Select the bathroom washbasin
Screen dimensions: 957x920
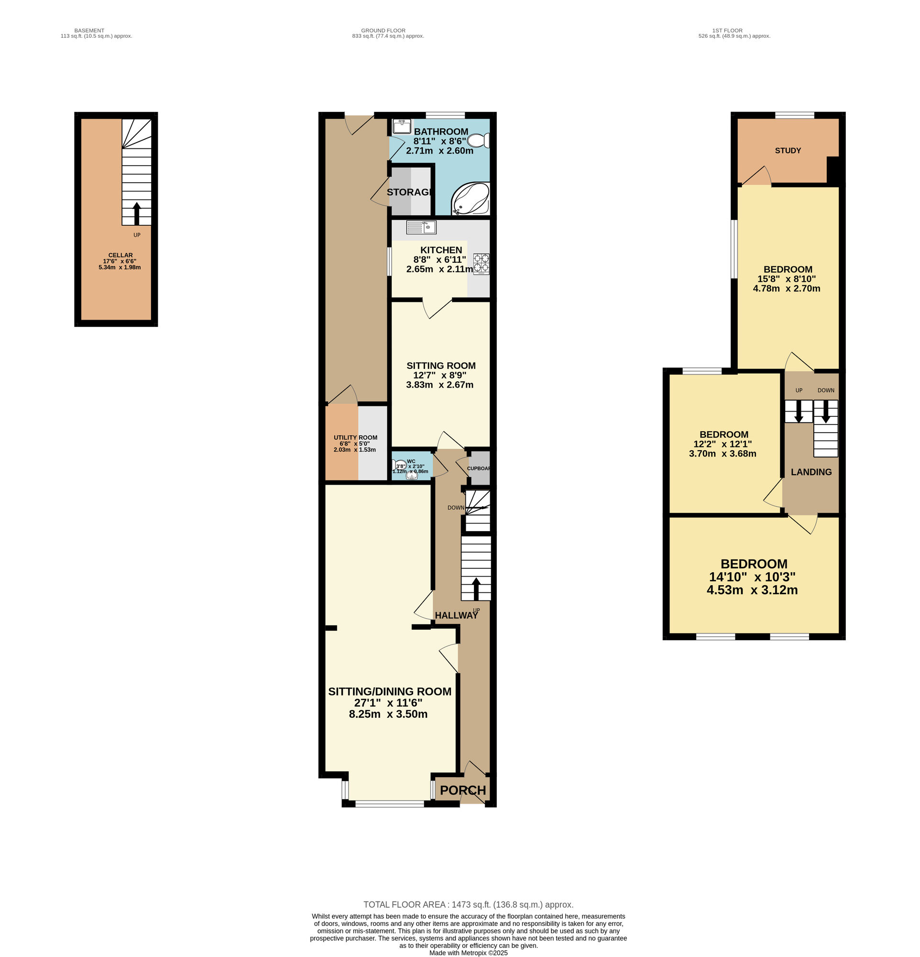[x=402, y=126]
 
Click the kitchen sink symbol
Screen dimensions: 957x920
[x=420, y=227]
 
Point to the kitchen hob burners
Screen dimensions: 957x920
[x=481, y=263]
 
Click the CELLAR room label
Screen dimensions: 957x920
[x=120, y=255]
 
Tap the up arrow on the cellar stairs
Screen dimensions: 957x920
[x=137, y=212]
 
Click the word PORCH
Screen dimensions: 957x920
[x=462, y=790]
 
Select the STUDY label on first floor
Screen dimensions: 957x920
[x=788, y=150]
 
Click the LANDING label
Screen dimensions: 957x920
[x=810, y=472]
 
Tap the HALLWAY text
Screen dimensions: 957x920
[x=456, y=615]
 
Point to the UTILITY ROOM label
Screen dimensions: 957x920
[x=355, y=437]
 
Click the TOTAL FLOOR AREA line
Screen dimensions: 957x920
[x=468, y=904]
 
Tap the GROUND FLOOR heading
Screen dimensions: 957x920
[x=383, y=30]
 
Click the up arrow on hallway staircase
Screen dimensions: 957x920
[x=476, y=589]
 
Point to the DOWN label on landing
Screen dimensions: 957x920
[x=825, y=390]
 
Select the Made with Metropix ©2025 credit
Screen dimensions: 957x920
[x=468, y=953]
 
